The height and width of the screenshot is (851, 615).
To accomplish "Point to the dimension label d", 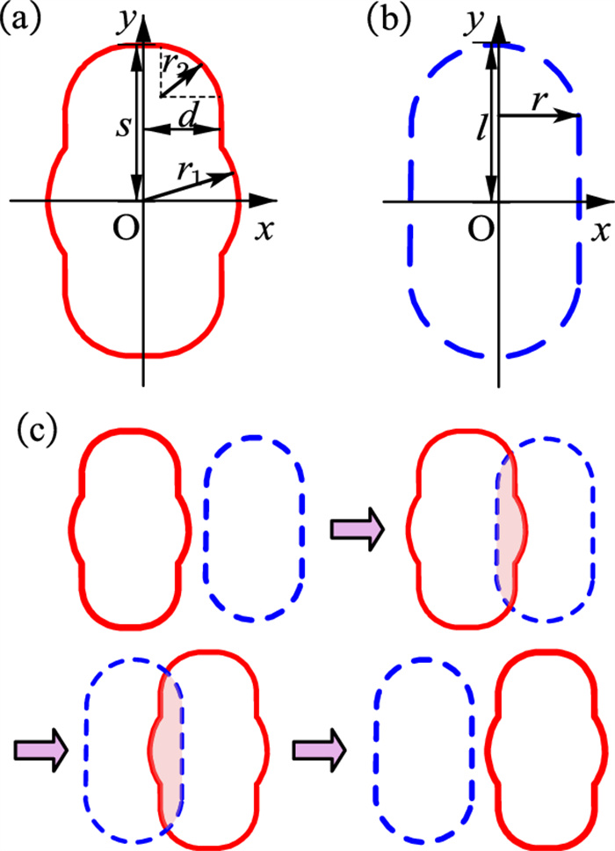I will click(188, 113).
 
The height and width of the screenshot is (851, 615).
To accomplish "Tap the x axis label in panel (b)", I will click(602, 229).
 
